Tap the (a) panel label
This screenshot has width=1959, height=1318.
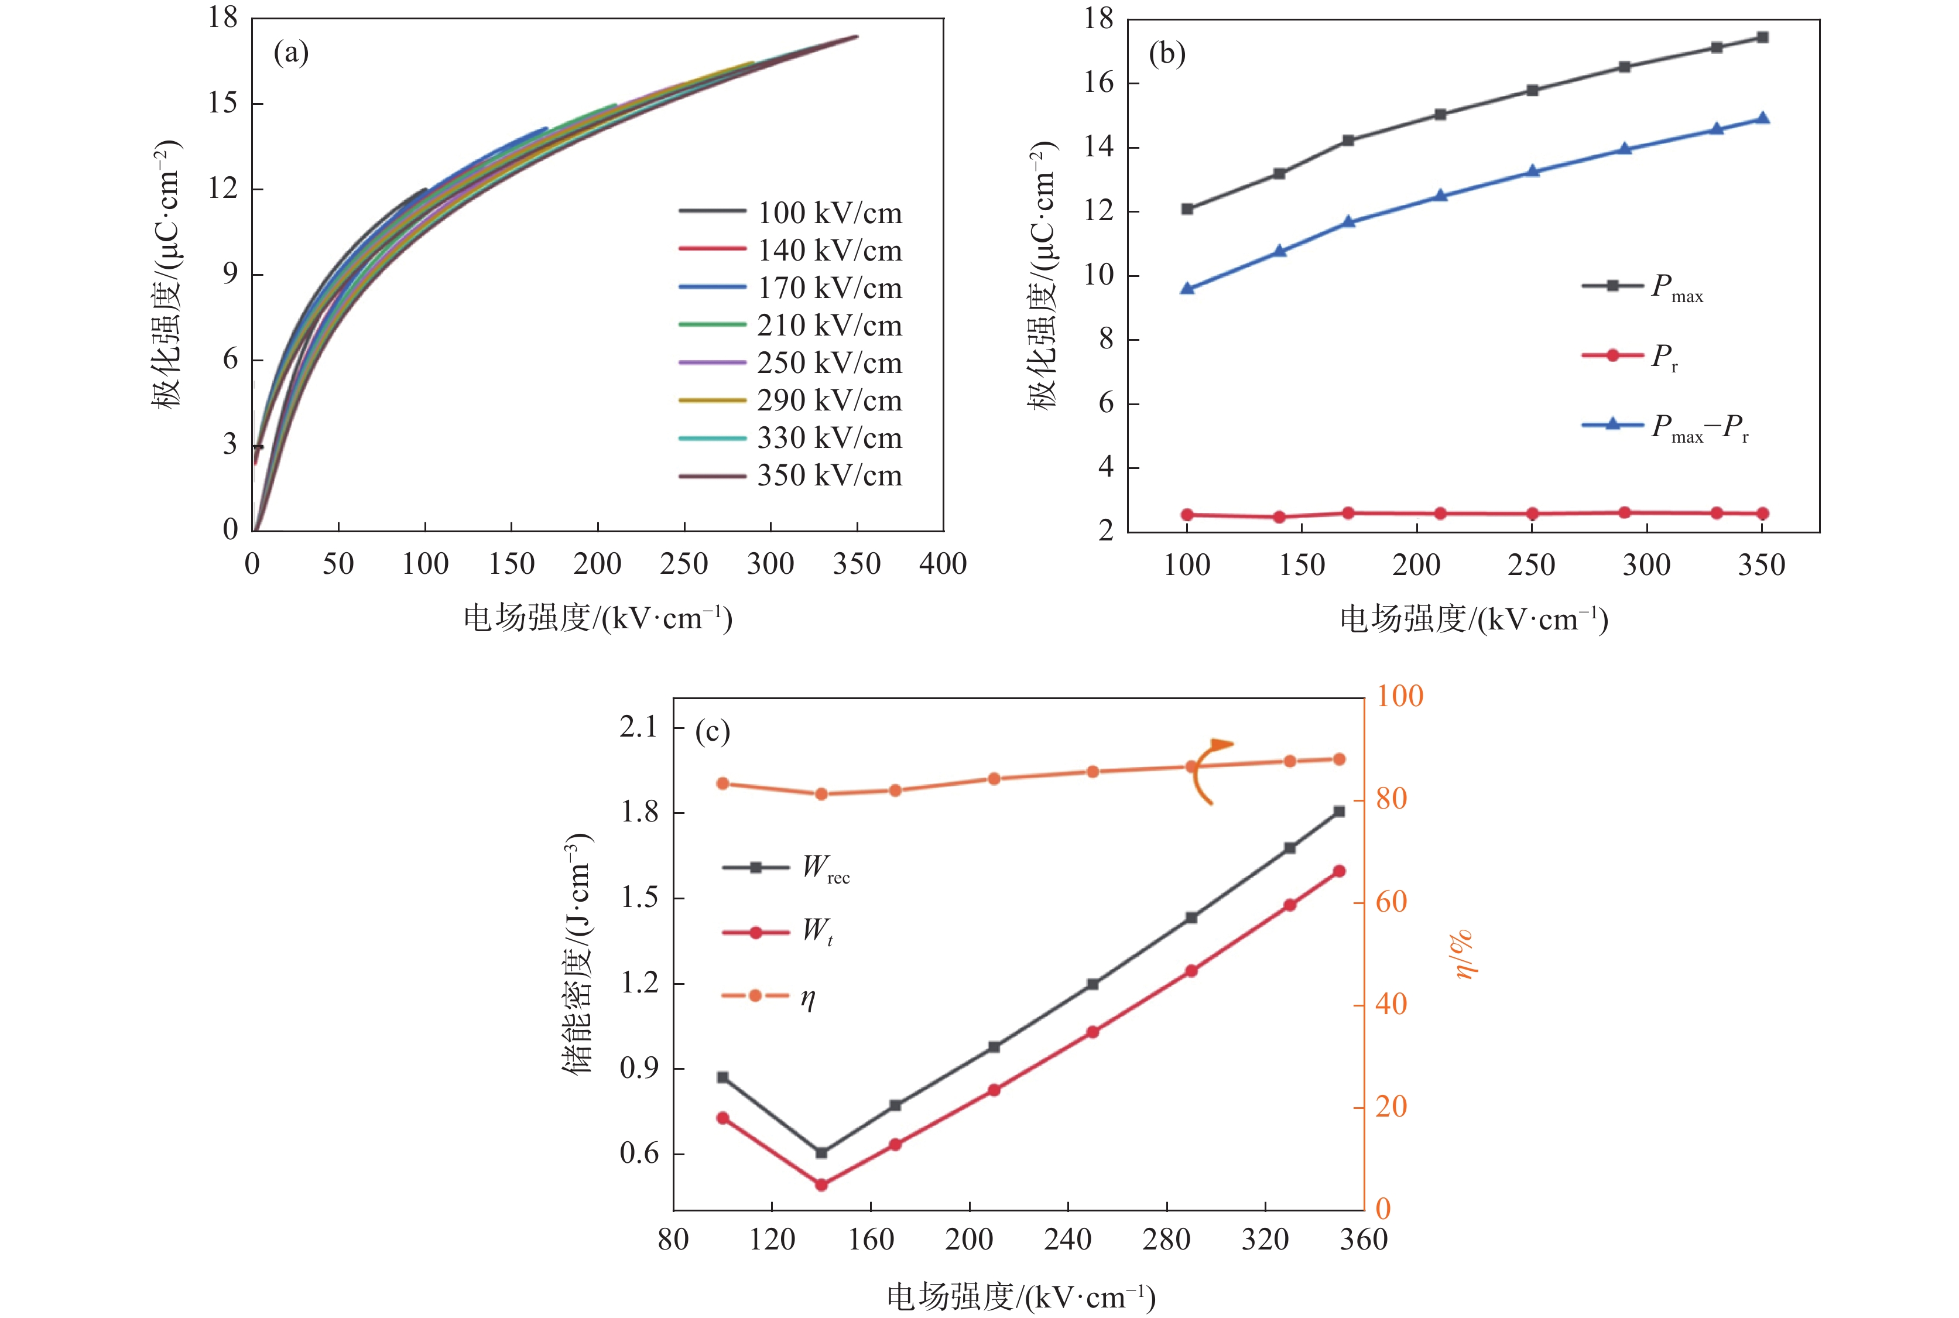click(x=291, y=54)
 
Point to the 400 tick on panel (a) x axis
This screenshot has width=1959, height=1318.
click(x=943, y=564)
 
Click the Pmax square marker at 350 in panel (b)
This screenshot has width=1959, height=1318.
click(x=1762, y=37)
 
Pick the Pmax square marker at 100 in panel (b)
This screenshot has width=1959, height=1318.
click(x=1187, y=208)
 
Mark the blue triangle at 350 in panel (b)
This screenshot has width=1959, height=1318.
click(x=1762, y=118)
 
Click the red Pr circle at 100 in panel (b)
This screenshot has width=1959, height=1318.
click(x=1187, y=515)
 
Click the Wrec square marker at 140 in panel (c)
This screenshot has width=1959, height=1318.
click(x=821, y=1152)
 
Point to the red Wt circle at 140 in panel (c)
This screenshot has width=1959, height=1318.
click(x=821, y=1185)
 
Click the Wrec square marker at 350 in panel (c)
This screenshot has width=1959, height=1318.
click(x=1339, y=811)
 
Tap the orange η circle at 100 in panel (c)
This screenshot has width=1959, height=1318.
click(x=722, y=783)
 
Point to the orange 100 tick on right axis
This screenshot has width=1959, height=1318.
click(x=1399, y=697)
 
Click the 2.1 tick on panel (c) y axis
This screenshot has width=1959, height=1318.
click(x=639, y=728)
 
